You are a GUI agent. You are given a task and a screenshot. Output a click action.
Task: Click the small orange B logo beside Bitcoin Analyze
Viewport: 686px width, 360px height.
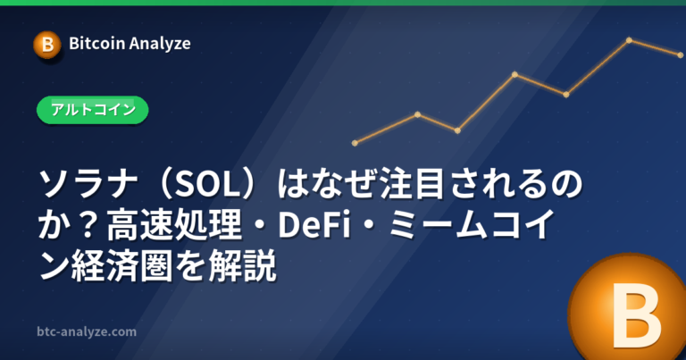point(47,45)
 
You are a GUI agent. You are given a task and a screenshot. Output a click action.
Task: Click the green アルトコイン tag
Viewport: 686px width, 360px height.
point(93,110)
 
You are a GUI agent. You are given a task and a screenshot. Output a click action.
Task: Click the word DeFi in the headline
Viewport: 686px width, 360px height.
point(314,225)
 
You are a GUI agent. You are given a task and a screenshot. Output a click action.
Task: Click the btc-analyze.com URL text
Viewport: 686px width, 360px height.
point(87,331)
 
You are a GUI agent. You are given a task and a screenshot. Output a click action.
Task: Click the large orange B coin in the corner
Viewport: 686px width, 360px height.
point(628,307)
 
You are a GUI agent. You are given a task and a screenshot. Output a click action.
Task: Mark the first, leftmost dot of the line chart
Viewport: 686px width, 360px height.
point(355,143)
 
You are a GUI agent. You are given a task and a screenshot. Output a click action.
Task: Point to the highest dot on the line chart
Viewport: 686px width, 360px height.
point(629,40)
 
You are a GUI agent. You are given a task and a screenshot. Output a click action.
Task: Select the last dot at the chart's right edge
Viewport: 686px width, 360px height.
point(680,55)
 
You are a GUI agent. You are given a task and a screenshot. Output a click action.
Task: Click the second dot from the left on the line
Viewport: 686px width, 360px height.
point(417,114)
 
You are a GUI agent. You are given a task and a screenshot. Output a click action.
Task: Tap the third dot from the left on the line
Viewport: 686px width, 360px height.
point(457,130)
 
